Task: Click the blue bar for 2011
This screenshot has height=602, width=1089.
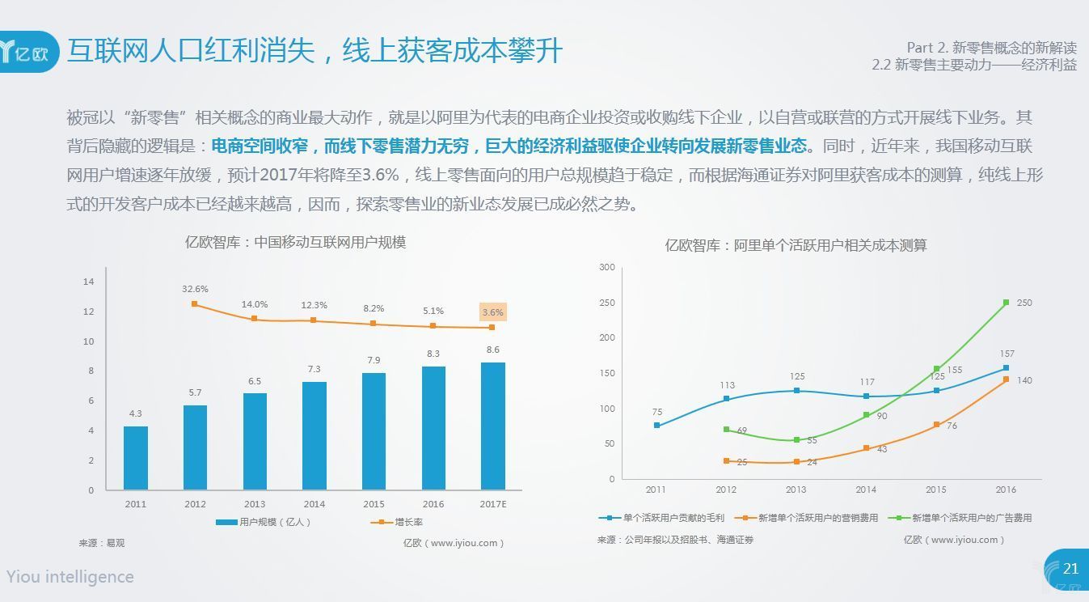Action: tap(136, 457)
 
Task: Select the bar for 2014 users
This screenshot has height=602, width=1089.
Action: tap(314, 435)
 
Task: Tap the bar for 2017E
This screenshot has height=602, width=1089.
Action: tap(492, 426)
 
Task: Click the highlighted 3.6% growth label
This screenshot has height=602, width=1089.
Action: tap(492, 312)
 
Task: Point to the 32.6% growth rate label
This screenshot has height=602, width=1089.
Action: tap(195, 289)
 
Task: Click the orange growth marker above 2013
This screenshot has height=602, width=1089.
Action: tap(254, 319)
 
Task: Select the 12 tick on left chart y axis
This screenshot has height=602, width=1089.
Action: tap(89, 312)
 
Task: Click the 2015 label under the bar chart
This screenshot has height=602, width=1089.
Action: tap(374, 504)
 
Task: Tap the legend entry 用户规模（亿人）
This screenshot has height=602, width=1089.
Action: tap(264, 522)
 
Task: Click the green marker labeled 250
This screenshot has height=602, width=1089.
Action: tap(1006, 303)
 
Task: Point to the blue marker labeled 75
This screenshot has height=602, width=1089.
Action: tap(656, 426)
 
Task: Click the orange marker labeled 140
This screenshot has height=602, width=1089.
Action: tap(1006, 379)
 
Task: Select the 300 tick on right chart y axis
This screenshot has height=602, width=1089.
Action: tap(606, 267)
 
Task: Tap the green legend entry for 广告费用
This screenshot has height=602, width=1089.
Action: tap(960, 518)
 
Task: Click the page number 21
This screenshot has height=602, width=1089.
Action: tap(1070, 569)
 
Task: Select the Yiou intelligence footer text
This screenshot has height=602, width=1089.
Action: tap(70, 577)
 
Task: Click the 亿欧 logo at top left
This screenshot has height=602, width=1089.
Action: tap(29, 52)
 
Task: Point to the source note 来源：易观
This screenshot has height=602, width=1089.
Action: tap(102, 543)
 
